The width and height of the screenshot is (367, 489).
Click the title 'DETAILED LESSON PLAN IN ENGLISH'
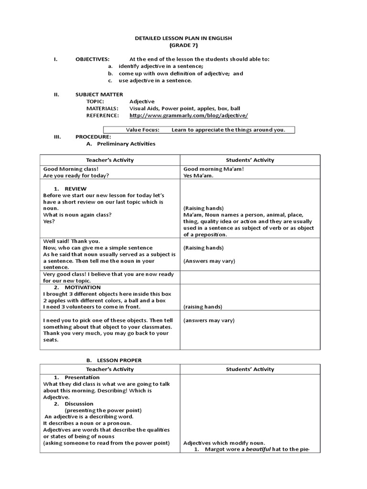pos(183,38)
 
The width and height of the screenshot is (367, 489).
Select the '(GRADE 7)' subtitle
pos(183,45)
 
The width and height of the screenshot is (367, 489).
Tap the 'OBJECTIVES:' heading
pos(92,59)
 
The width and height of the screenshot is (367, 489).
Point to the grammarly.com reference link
pos(188,116)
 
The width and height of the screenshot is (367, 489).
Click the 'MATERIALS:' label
pos(102,108)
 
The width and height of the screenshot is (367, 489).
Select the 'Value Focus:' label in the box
pos(142,130)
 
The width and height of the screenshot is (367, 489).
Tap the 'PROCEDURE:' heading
pos(93,137)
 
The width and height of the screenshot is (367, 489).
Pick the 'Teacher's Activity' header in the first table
pos(109,160)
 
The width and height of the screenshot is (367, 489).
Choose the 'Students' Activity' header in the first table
pos(250,160)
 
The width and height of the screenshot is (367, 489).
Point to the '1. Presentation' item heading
pos(76,378)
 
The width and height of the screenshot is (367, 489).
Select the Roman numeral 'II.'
pos(56,95)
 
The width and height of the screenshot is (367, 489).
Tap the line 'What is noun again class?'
pos(77,215)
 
